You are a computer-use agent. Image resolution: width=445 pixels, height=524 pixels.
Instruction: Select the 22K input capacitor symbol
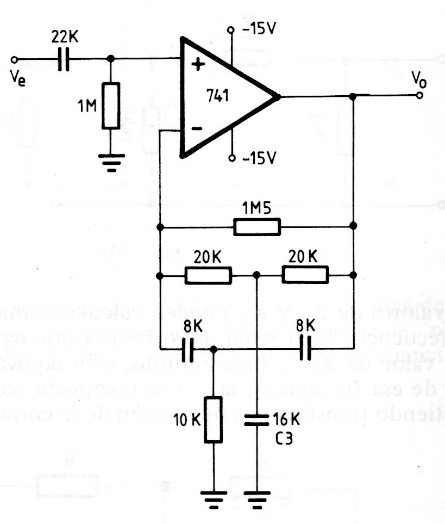tap(64, 59)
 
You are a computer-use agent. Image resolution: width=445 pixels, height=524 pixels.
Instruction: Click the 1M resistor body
tap(111, 106)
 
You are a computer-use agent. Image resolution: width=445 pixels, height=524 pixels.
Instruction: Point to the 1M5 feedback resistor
tap(257, 226)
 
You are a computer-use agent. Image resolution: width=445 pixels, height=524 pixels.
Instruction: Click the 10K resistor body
tap(214, 420)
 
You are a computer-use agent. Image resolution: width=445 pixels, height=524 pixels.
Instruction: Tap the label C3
tap(283, 438)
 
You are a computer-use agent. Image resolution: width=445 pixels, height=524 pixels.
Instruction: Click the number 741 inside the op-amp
tap(217, 97)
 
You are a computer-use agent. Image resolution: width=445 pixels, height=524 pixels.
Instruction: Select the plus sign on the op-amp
tap(197, 65)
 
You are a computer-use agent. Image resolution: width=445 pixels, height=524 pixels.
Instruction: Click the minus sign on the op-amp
tap(197, 129)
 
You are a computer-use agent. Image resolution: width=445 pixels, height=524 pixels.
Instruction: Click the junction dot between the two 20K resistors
tap(258, 275)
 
